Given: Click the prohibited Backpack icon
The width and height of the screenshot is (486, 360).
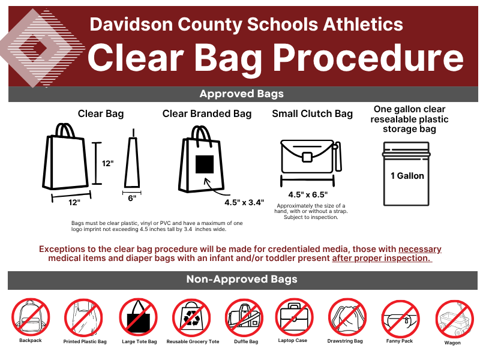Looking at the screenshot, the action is coord(31,317).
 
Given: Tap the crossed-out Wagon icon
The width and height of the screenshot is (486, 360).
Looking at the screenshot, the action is coord(454,319).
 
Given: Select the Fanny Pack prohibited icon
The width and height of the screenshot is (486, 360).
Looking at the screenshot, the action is coord(400,319).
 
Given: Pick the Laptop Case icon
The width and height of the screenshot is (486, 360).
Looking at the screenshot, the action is coord(294,317).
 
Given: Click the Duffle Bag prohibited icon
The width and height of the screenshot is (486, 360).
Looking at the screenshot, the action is coord(244,318).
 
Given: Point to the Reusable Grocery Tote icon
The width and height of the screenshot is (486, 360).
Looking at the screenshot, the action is coord(191,318).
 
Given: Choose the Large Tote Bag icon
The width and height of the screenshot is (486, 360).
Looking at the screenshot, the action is coord(138,317).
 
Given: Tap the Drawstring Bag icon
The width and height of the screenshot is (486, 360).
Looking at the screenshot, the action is coord(347,317).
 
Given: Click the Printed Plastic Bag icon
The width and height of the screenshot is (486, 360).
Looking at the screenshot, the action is coord(83,318).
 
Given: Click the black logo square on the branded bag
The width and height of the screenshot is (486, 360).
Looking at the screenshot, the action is coord(205,164).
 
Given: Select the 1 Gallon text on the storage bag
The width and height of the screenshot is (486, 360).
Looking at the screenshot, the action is coord(407,176).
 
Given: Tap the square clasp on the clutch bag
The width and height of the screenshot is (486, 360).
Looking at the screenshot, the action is coord(307,157).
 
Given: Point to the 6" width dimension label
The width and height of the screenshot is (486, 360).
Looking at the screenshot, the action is coord(132,198).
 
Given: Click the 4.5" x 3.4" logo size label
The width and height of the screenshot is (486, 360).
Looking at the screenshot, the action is coord(244,202).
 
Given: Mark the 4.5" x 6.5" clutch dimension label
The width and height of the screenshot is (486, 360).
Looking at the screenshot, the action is coord(308,195).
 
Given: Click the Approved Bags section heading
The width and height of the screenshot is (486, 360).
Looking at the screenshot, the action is coord(241,94).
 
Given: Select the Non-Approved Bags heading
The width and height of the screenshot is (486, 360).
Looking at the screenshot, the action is coord(242,279).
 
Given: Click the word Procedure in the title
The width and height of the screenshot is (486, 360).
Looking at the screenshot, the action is coord(368,58).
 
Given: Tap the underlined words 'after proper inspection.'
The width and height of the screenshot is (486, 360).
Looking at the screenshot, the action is coord(382,258).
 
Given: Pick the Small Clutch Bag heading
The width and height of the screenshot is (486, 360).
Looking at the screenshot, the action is coord(313,114).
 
